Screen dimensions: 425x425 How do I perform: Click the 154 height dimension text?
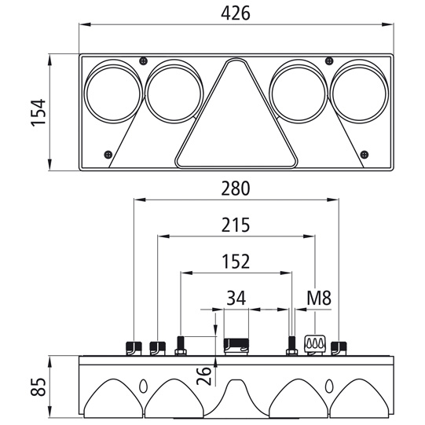pyautogui.click(x=38, y=112)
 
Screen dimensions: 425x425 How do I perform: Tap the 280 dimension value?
pyautogui.click(x=235, y=189)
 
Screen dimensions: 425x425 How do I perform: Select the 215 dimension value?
pyautogui.click(x=235, y=225)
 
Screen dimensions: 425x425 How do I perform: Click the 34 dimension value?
pyautogui.click(x=236, y=298)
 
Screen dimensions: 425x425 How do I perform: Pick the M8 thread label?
pyautogui.click(x=316, y=298)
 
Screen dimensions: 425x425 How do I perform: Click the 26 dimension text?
pyautogui.click(x=203, y=376)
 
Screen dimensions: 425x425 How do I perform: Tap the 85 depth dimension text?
pyautogui.click(x=38, y=388)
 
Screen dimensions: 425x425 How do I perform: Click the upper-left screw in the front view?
pyautogui.click(x=141, y=61)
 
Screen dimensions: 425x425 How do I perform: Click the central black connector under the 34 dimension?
pyautogui.click(x=236, y=344)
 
